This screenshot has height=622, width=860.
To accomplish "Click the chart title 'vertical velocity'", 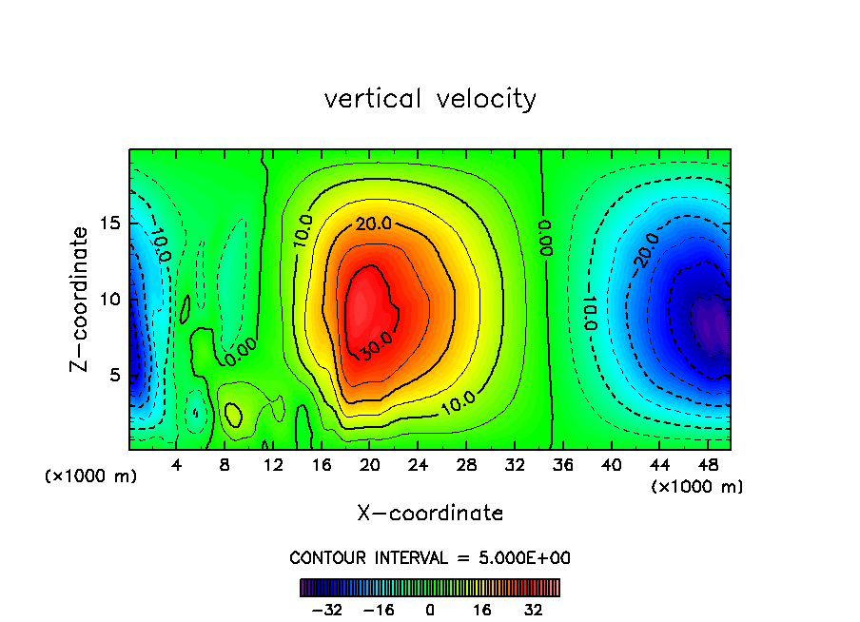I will coord(430,99).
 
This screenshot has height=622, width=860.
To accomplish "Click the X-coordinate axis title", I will coord(430,514).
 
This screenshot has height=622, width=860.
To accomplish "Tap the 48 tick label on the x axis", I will coord(707,465).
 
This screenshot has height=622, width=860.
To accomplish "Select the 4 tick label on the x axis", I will coord(177,465).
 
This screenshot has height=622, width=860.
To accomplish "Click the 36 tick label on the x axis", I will coord(562,465).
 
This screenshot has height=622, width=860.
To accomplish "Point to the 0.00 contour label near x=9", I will coord(240,354).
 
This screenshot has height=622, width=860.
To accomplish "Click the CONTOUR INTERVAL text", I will coord(430,557).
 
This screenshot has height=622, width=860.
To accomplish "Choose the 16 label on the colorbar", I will coord(482,610).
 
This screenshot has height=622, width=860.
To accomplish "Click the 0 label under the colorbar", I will coord(430,610).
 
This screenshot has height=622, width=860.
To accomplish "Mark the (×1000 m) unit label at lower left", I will coord(91,476).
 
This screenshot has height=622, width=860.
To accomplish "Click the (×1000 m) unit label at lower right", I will coord(697,487).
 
